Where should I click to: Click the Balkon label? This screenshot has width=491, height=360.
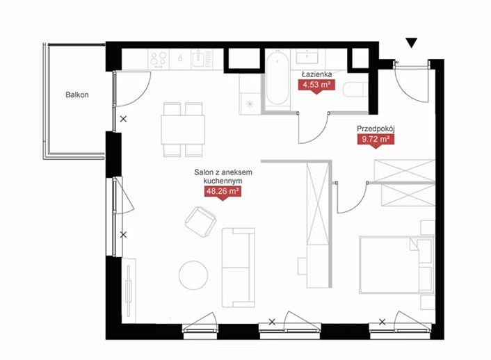pos(77,95)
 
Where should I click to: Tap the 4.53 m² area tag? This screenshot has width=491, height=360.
pos(316,85)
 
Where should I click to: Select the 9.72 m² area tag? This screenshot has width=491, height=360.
pos(376,139)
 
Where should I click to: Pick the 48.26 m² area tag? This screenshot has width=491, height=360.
pos(223,191)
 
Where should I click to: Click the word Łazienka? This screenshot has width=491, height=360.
pos(316,74)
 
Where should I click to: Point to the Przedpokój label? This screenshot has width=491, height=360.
pos(376,129)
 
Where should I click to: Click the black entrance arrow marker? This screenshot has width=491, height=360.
pos(412,43)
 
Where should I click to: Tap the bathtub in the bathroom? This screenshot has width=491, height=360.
pos(277,77)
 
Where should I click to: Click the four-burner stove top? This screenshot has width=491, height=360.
pos(159,59)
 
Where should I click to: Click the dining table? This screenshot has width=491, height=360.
pos(183,129)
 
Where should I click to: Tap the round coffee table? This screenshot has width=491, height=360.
pos(193,275)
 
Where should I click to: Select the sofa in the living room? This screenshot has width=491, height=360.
pos(239,268)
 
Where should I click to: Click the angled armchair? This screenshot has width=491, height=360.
pos(201,222)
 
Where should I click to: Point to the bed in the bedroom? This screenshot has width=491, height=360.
pos(396,265)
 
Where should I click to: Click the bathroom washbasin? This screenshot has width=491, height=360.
pos(307,58)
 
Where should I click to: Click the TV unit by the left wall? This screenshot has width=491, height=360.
pos(129,291)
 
